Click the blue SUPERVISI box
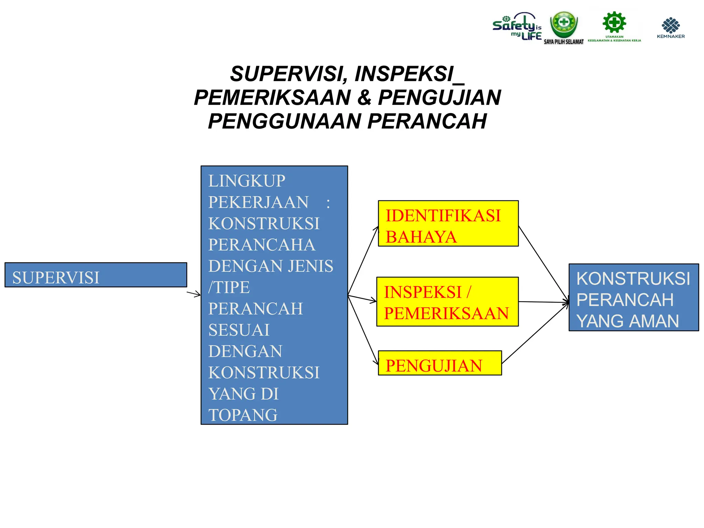(96, 275)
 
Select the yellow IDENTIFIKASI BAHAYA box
(448, 223)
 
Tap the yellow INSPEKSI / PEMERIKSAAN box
(447, 302)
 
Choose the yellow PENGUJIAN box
(440, 363)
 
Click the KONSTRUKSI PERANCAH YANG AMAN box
(634, 297)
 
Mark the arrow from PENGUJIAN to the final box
(535, 333)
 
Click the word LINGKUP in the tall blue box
(247, 181)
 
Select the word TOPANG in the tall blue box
(243, 415)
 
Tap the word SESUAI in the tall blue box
(239, 330)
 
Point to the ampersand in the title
(364, 98)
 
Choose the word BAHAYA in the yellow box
(421, 237)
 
